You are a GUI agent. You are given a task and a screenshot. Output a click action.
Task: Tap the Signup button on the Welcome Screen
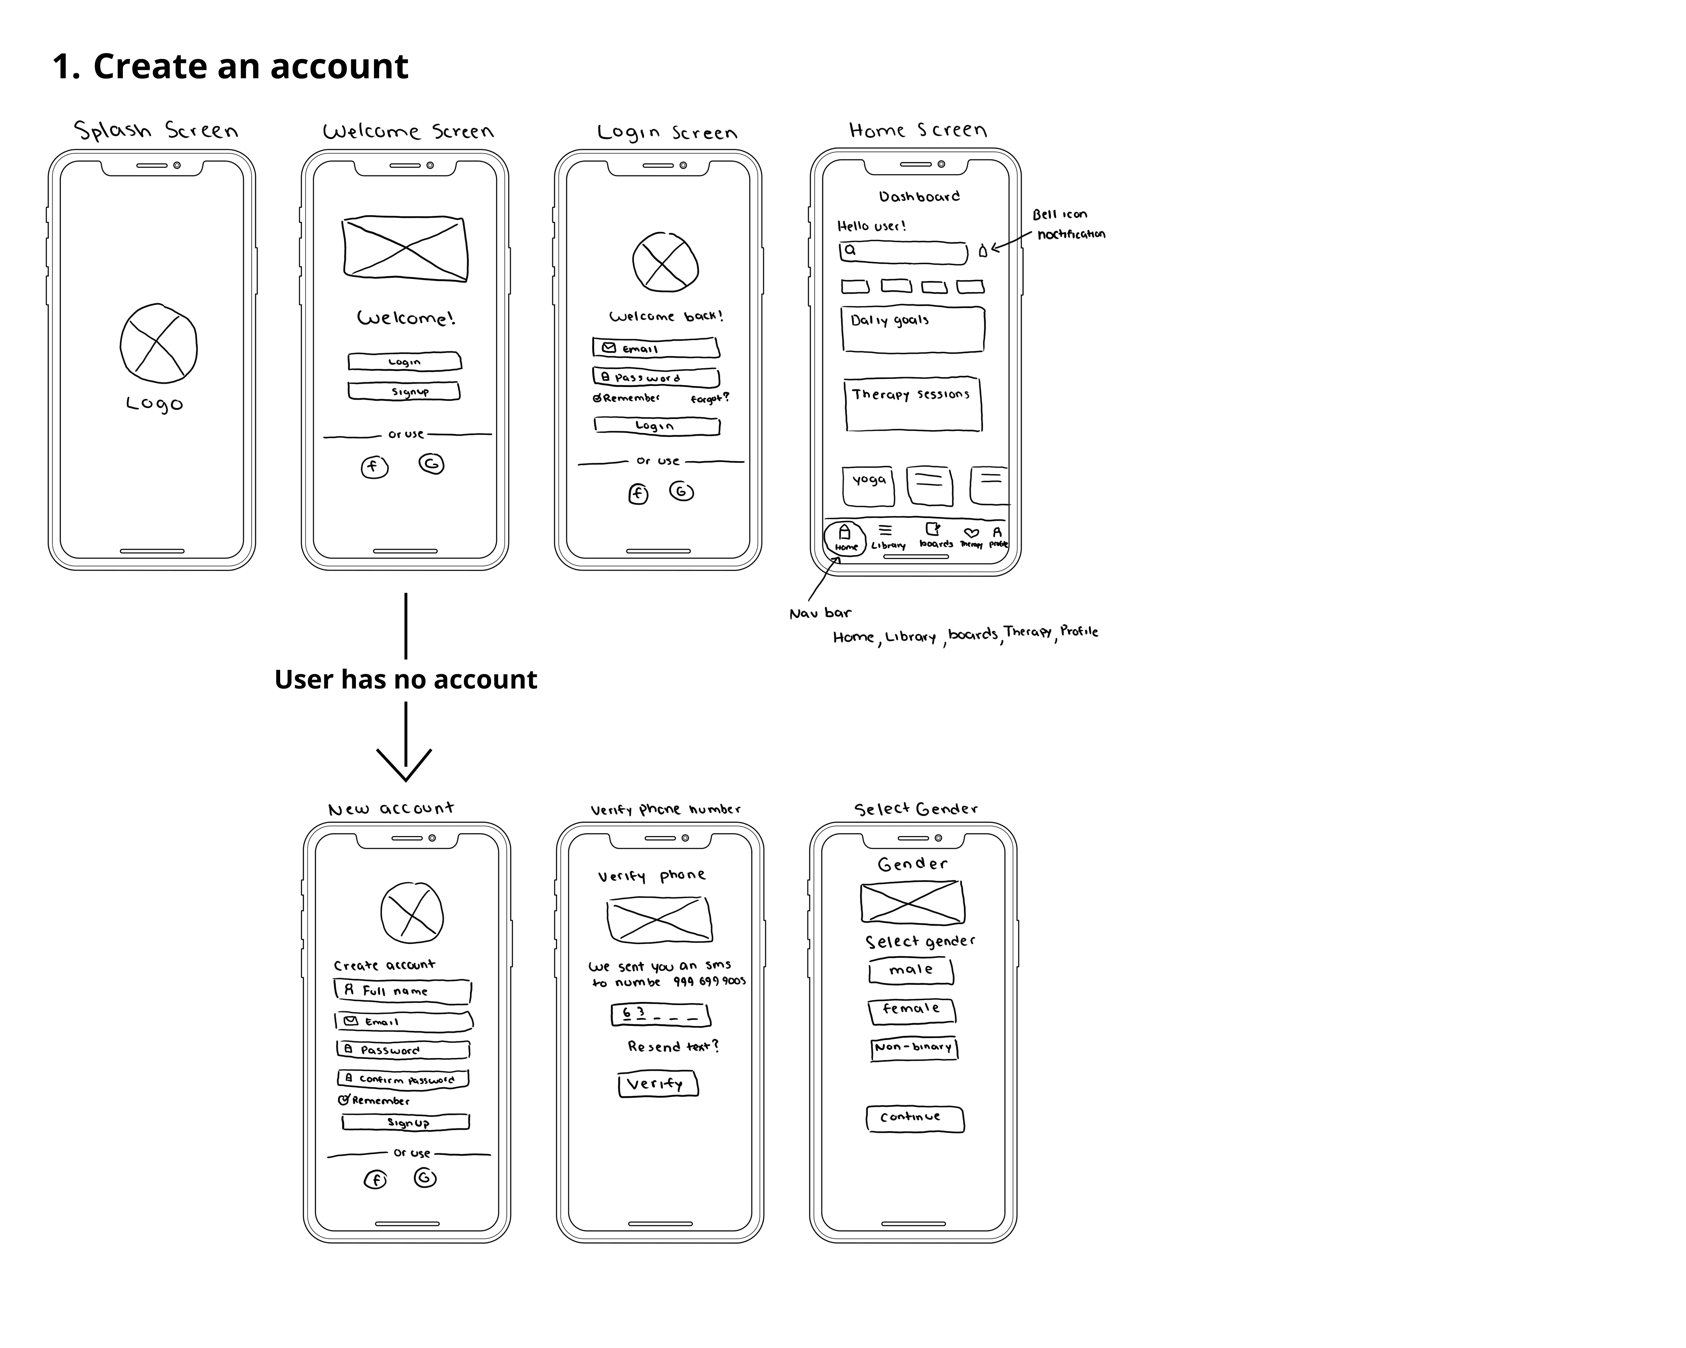coord(404,391)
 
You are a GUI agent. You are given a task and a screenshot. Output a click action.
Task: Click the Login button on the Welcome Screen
coord(404,361)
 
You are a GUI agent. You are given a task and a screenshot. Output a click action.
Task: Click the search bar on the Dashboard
coord(903,252)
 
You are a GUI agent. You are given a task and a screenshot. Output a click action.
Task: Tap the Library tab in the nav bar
coord(888,536)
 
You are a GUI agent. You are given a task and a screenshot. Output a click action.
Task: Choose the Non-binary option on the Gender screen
coord(913,1048)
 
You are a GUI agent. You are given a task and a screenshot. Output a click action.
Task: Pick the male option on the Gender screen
coord(911,970)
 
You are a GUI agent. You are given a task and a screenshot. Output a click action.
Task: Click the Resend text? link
coord(673,1046)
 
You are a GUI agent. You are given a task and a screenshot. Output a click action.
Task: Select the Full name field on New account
coord(403,991)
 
